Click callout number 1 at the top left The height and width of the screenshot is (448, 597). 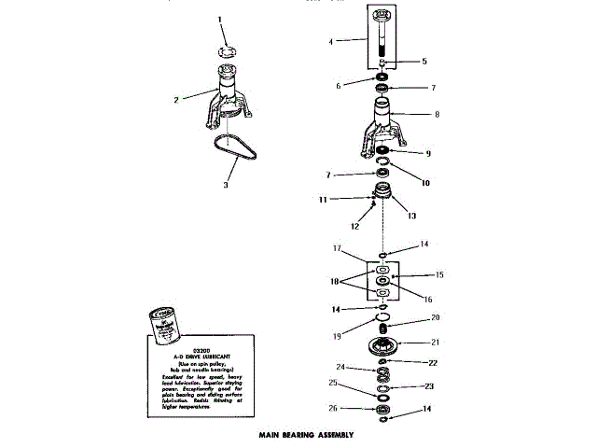[x=220, y=19]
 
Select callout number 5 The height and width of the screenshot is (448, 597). [x=424, y=62]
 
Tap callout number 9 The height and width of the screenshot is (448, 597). [x=428, y=153]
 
